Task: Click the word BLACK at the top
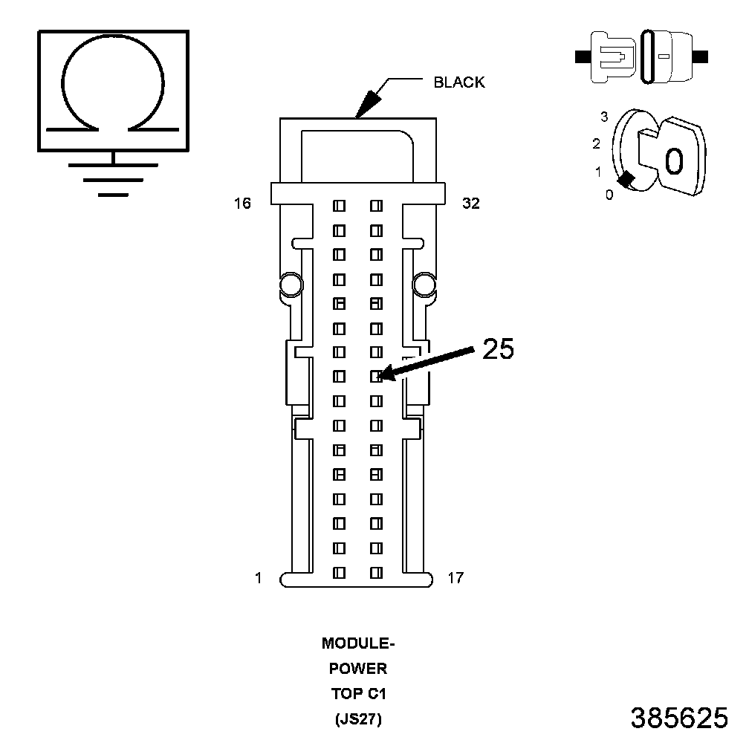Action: point(458,82)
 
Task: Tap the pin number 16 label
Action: point(242,203)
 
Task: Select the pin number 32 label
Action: point(471,203)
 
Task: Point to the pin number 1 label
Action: point(259,577)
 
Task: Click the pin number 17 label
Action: point(455,577)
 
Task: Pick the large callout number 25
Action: point(498,349)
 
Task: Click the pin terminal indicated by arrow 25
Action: point(376,377)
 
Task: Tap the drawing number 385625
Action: point(679,718)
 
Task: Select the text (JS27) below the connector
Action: point(358,719)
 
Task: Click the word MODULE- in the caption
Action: point(358,643)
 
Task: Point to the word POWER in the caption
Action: point(358,669)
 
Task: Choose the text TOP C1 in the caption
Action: point(358,694)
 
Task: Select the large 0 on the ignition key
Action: point(673,160)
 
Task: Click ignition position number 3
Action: point(604,117)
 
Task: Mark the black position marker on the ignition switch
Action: point(626,179)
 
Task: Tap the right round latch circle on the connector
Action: point(424,284)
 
